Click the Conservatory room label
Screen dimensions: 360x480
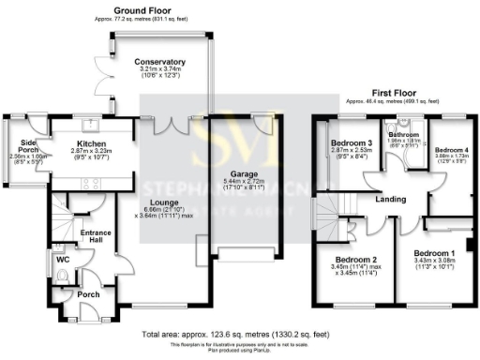[x=158, y=62]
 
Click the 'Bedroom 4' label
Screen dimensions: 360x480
[x=453, y=150]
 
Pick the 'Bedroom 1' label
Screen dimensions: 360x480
[x=434, y=254]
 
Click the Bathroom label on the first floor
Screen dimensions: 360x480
[x=402, y=134]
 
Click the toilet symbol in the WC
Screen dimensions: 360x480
[x=61, y=276]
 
